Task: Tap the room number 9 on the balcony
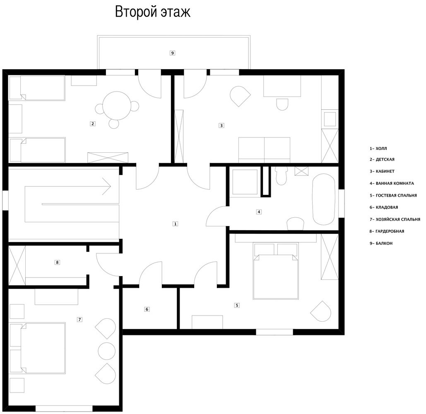coord(172,53)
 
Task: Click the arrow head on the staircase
coord(106,186)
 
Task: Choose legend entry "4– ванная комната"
coord(392,183)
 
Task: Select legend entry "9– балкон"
coord(381,243)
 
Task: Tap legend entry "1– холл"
coord(378,149)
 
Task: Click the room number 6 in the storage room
coord(147,309)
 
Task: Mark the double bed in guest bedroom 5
coord(275,271)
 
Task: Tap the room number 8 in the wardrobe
coord(57,262)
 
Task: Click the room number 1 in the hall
coord(175,224)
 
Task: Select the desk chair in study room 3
coord(282,104)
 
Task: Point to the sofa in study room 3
coord(264,150)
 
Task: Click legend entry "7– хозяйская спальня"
coord(395,219)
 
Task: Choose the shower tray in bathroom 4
coord(245,182)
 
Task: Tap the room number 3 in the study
coord(221,125)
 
